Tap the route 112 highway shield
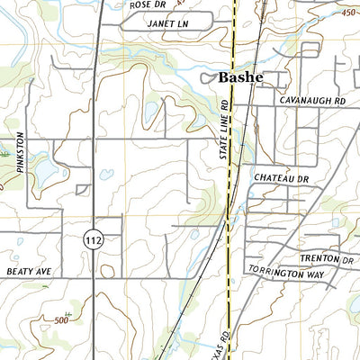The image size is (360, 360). [x=93, y=239]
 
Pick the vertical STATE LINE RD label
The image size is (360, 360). [x=226, y=130]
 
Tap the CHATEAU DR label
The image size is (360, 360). [x=281, y=180]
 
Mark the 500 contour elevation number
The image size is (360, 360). [x=60, y=320]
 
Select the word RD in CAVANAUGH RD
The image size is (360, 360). [x=337, y=102]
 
